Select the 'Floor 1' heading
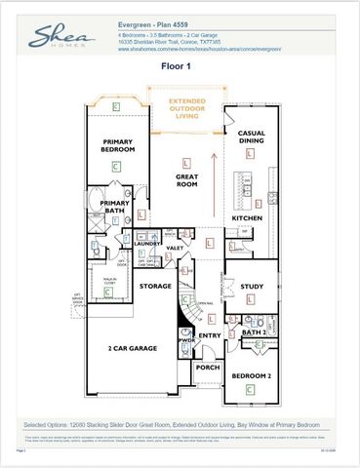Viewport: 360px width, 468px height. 180,69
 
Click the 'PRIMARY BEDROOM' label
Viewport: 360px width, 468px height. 116,145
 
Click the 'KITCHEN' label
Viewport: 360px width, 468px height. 246,217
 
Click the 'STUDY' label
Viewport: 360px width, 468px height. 251,287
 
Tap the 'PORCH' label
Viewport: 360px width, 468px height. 207,368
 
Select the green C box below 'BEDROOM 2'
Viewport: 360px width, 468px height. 251,389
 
